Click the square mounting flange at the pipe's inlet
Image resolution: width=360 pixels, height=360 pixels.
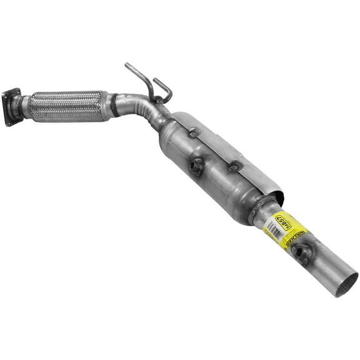pyautogui.click(x=11, y=107)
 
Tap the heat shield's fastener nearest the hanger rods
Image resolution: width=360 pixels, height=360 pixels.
pyautogui.click(x=194, y=132)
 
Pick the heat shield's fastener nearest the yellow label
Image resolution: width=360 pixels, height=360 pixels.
pyautogui.click(x=235, y=166)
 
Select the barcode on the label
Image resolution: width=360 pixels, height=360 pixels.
pyautogui.click(x=272, y=232)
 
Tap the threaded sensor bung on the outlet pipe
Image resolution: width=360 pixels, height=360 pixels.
pyautogui.click(x=303, y=251)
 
